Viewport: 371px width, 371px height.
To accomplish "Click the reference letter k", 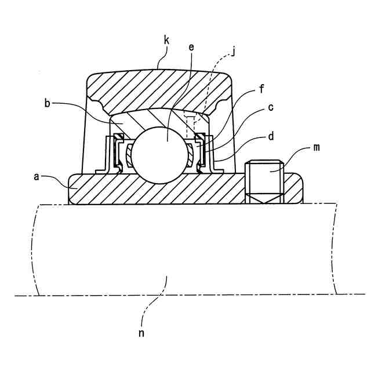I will click(166, 41).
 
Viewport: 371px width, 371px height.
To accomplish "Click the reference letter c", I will click(270, 107).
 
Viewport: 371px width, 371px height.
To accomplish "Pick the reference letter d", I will click(270, 137).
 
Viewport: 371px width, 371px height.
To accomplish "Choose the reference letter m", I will click(316, 148).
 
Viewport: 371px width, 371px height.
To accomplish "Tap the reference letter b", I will click(48, 103).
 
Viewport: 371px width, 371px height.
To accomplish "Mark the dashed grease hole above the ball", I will click(190, 125).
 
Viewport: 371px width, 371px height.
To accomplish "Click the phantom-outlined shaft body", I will click(185, 249).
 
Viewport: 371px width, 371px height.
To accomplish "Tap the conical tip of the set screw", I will click(264, 199).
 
